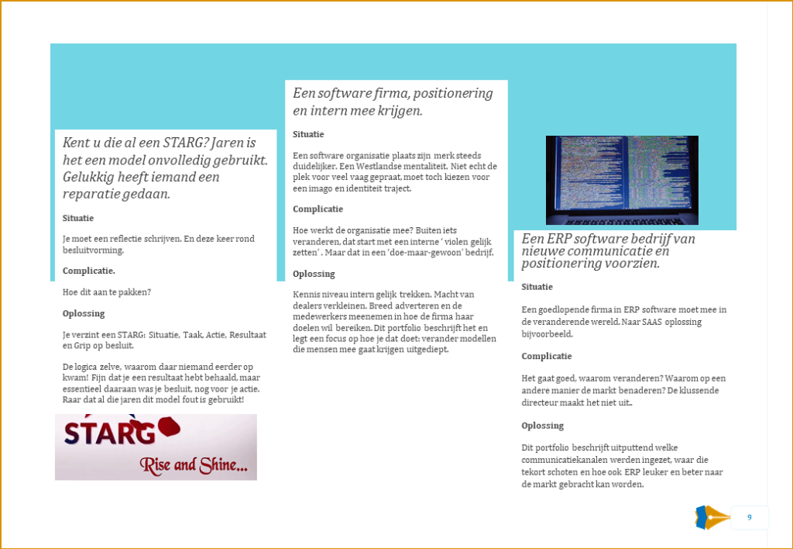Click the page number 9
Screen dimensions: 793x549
click(750, 517)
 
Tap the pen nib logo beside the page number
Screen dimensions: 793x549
click(713, 518)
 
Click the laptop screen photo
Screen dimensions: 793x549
click(622, 180)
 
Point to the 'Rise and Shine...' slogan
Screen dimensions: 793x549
click(194, 465)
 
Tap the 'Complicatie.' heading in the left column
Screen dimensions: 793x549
click(89, 271)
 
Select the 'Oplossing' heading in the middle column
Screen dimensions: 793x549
click(314, 274)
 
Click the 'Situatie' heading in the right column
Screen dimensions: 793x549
click(537, 287)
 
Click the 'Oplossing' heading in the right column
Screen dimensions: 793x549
click(543, 426)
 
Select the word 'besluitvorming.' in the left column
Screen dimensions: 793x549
click(93, 250)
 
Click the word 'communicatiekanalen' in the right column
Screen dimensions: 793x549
click(565, 460)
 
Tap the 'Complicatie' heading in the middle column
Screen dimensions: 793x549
click(318, 209)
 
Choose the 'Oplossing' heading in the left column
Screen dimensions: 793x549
click(84, 313)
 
